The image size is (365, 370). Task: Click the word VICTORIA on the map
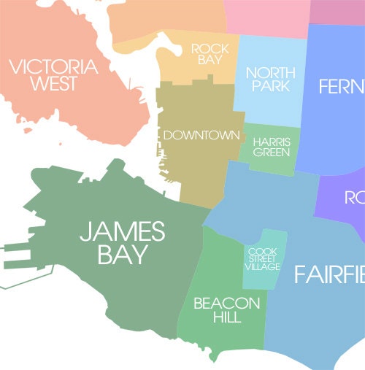[53, 68]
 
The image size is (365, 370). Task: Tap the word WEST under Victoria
[53, 84]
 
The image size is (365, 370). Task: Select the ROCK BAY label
[210, 54]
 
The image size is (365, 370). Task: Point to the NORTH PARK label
[270, 80]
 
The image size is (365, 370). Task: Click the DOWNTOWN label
[201, 135]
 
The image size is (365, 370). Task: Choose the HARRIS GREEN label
[272, 147]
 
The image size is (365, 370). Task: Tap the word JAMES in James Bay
[123, 232]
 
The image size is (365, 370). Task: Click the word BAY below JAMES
[123, 255]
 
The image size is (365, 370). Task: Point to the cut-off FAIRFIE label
[329, 275]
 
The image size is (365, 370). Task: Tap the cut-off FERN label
[341, 88]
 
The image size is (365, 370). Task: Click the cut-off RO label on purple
[354, 197]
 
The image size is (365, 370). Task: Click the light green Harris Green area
[272, 162]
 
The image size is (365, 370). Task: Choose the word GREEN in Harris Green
[272, 153]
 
